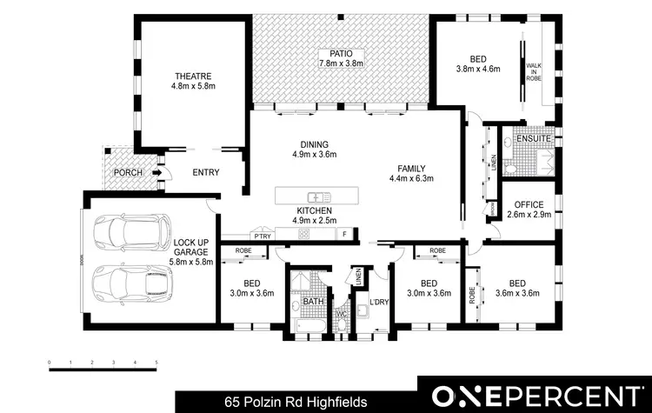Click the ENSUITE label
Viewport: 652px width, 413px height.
click(533, 139)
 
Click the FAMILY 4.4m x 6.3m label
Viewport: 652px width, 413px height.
click(411, 173)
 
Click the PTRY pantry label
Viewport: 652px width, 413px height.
click(262, 235)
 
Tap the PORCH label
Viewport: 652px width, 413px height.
click(128, 173)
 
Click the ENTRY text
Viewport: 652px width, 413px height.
click(205, 172)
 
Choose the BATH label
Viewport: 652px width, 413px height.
click(313, 303)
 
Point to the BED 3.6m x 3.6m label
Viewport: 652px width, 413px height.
click(517, 288)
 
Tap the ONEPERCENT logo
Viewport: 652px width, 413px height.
click(533, 395)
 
